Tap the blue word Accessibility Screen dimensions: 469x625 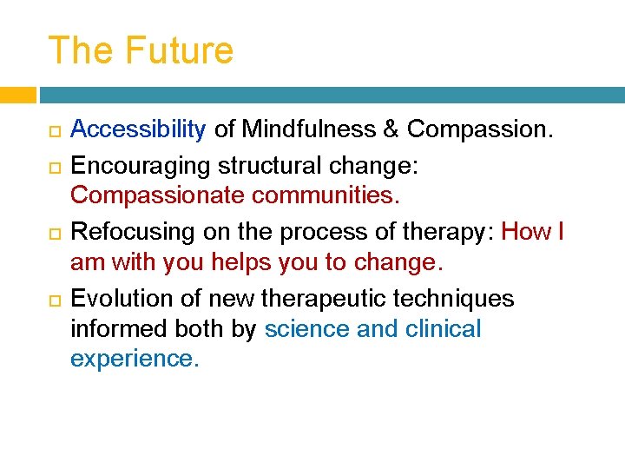(138, 129)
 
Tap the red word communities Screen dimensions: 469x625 (326, 195)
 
